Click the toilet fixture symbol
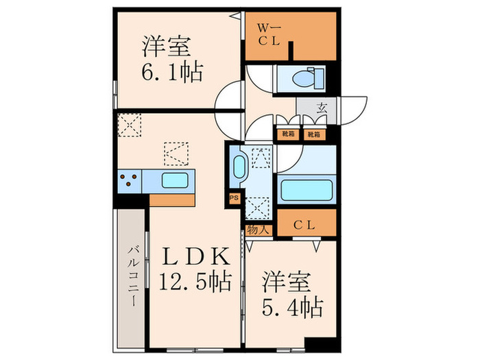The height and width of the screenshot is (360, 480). pos(305,78)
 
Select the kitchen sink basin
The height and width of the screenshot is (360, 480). pos(176,180)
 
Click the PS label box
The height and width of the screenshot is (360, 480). pos(233,199)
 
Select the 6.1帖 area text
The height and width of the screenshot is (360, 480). pos(172,72)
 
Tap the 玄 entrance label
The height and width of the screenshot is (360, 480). pos(322,108)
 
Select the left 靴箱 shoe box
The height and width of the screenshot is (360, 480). pos(285,134)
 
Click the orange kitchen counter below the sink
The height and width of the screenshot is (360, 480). pos(171,199)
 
